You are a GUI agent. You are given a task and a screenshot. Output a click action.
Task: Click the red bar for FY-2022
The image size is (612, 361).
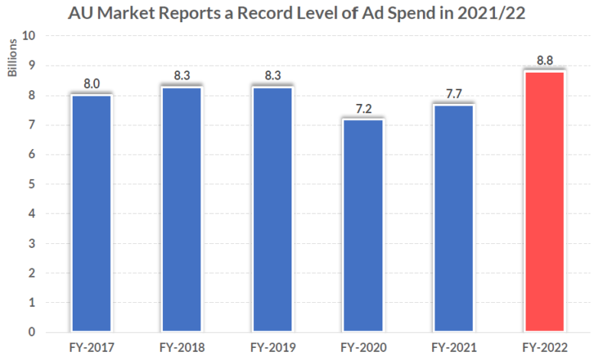[545, 202]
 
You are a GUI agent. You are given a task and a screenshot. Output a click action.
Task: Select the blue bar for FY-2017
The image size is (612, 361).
[91, 213]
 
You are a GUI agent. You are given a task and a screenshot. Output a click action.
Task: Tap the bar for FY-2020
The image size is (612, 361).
[363, 226]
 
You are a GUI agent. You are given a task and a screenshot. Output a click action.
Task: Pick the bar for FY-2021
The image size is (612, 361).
[454, 218]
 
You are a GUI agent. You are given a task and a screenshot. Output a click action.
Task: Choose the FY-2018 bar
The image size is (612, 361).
[181, 210]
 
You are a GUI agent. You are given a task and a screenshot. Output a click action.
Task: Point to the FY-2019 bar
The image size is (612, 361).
[272, 210]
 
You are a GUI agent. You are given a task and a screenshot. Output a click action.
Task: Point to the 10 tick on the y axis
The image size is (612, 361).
[29, 36]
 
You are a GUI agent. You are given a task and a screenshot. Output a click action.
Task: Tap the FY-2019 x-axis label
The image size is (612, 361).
[272, 348]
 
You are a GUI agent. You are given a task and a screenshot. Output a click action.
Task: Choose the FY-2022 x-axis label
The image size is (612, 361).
[545, 348]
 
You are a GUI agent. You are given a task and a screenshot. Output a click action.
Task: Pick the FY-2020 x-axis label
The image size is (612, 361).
[363, 348]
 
